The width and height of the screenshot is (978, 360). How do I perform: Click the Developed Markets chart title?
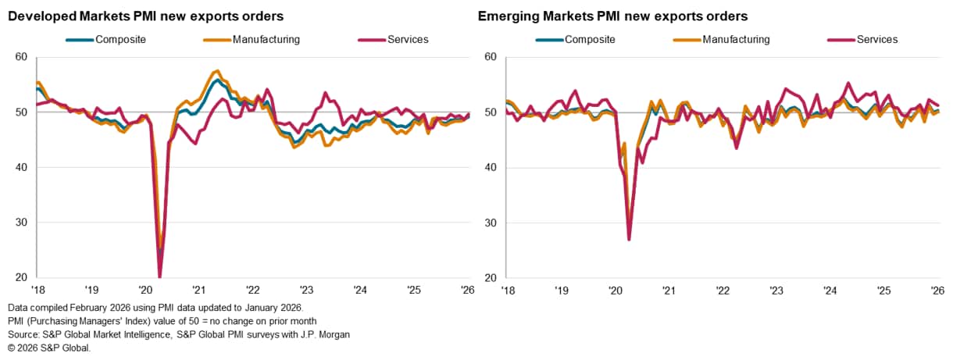tap(145, 16)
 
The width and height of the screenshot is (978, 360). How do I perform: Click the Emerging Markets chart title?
tap(612, 16)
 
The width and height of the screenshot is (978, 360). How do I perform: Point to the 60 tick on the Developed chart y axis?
tap(21, 57)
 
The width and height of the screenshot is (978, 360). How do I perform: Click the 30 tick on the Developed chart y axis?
tap(21, 223)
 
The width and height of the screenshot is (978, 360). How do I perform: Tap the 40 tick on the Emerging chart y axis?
tap(491, 168)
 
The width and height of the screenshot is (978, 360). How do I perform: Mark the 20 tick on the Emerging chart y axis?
tap(491, 278)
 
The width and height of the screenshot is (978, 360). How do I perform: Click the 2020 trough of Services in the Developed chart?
tap(159, 276)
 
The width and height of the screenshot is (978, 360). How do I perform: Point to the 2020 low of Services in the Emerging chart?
tap(629, 239)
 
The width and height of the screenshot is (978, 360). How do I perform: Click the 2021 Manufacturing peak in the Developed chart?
tap(217, 71)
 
